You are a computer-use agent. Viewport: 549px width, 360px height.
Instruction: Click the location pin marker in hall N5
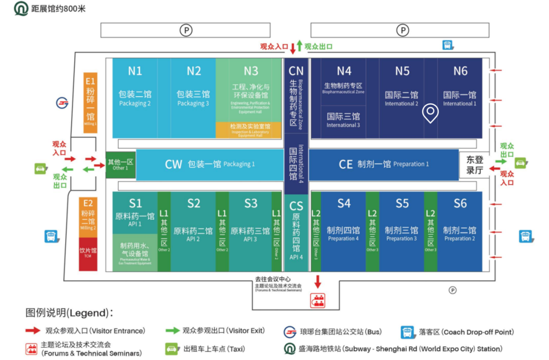431,113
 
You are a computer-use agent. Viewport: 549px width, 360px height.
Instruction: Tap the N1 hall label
135,71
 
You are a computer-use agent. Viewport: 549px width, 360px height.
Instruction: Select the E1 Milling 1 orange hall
90,102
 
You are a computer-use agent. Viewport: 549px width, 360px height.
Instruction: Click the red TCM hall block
88,254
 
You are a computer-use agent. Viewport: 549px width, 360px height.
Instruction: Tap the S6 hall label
460,203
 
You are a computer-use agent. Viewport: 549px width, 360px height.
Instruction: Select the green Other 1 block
120,165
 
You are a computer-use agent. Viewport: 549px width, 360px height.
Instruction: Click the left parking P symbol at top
187,31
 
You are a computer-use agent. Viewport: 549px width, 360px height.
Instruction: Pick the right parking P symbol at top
403,31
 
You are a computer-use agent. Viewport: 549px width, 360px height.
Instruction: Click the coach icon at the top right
448,45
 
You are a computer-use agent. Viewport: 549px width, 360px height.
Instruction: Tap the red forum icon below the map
318,299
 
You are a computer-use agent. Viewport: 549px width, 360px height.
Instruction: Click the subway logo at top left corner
21,9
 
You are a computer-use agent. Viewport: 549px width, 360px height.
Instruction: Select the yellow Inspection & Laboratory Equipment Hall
250,130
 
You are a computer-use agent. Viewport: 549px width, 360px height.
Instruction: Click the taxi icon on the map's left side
41,169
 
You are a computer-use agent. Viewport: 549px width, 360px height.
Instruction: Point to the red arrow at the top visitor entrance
293,48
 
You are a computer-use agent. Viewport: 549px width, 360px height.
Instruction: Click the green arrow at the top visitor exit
300,46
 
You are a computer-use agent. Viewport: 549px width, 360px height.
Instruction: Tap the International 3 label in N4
343,119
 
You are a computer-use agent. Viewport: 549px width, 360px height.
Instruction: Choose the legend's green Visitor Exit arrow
172,331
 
